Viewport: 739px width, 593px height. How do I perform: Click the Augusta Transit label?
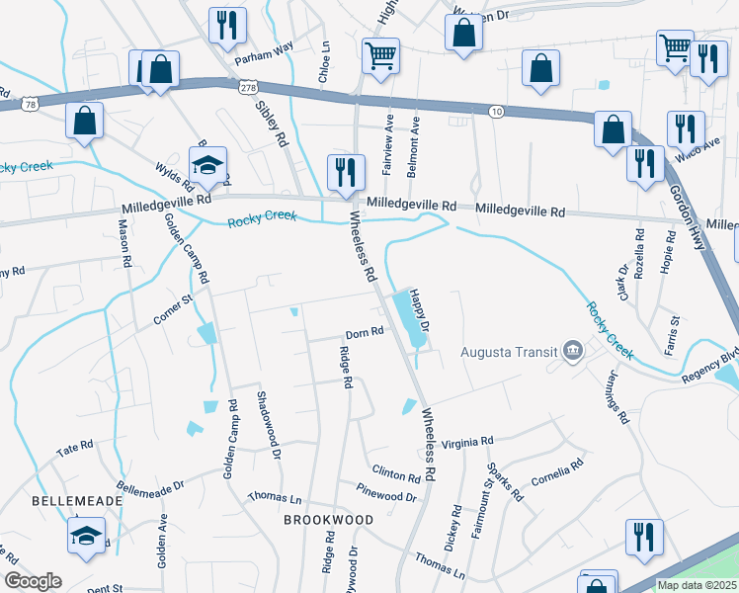point(510,353)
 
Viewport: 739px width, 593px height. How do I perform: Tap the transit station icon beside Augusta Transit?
point(572,351)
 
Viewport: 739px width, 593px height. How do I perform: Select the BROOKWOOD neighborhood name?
point(328,520)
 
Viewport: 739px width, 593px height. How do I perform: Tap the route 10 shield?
point(497,113)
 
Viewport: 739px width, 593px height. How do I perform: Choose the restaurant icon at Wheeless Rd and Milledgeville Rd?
point(346,170)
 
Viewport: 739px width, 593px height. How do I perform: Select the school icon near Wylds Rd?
point(207,163)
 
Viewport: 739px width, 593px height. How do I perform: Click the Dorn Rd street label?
point(364,334)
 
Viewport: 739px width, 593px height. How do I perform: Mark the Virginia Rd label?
point(466,443)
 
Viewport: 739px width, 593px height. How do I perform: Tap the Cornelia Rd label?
point(558,470)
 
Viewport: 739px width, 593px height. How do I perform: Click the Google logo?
point(33,581)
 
